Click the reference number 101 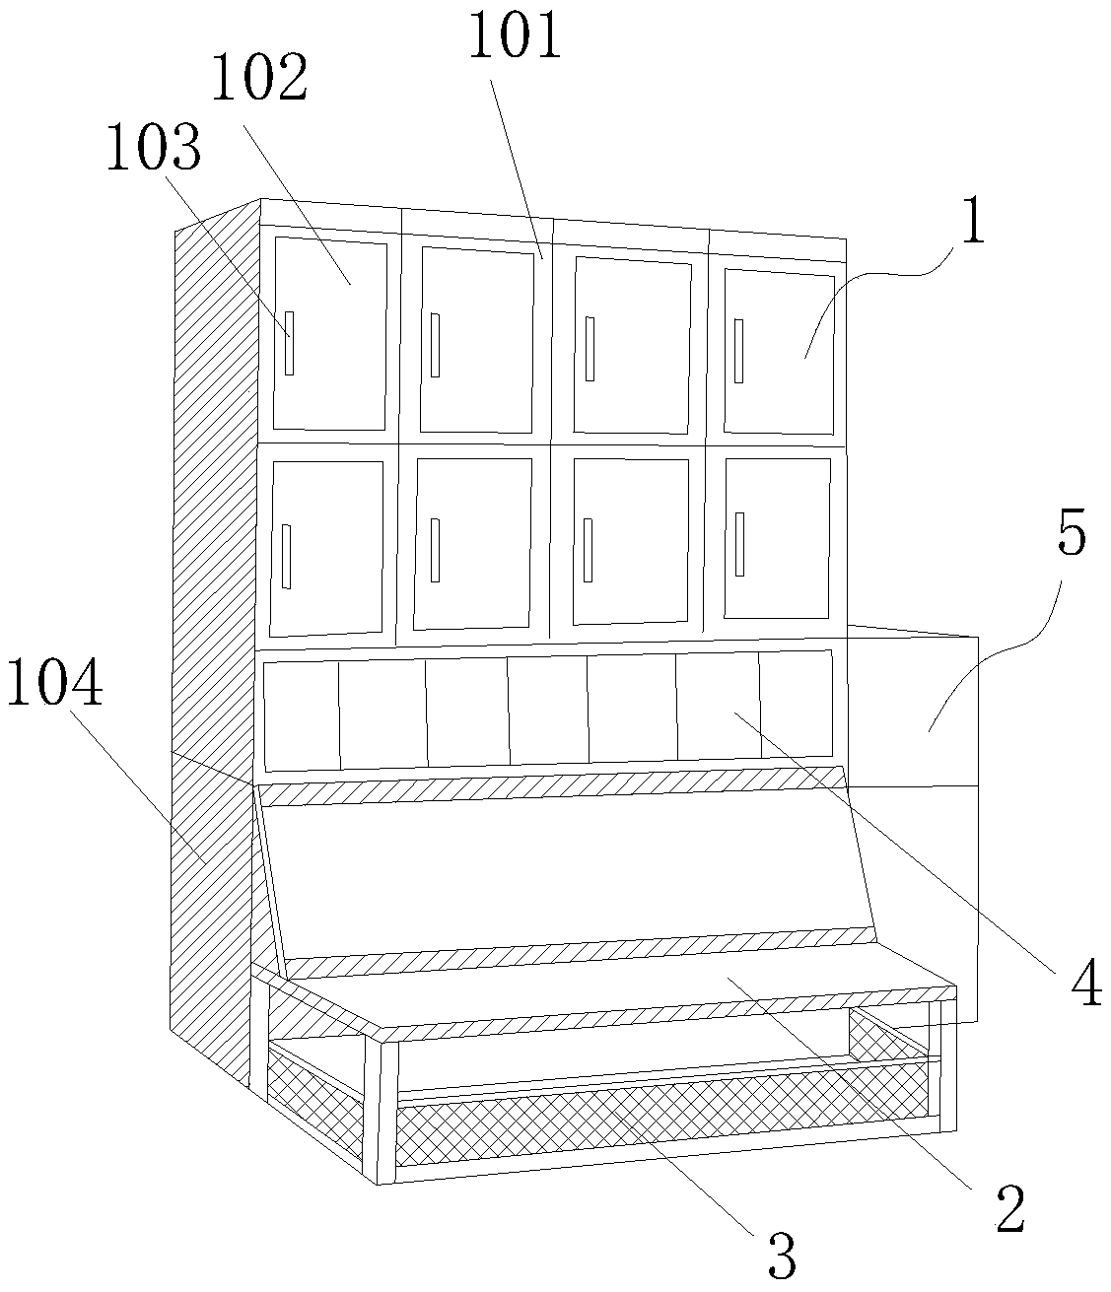click(513, 38)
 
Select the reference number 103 click(154, 150)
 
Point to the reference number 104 click(55, 686)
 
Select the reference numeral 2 click(1009, 1210)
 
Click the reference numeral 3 click(781, 1258)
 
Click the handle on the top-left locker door click(289, 342)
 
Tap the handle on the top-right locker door click(739, 352)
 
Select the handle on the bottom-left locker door click(286, 556)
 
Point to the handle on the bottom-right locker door click(739, 544)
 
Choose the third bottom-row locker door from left click(631, 541)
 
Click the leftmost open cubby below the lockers click(302, 714)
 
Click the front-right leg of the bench click(940, 1064)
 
